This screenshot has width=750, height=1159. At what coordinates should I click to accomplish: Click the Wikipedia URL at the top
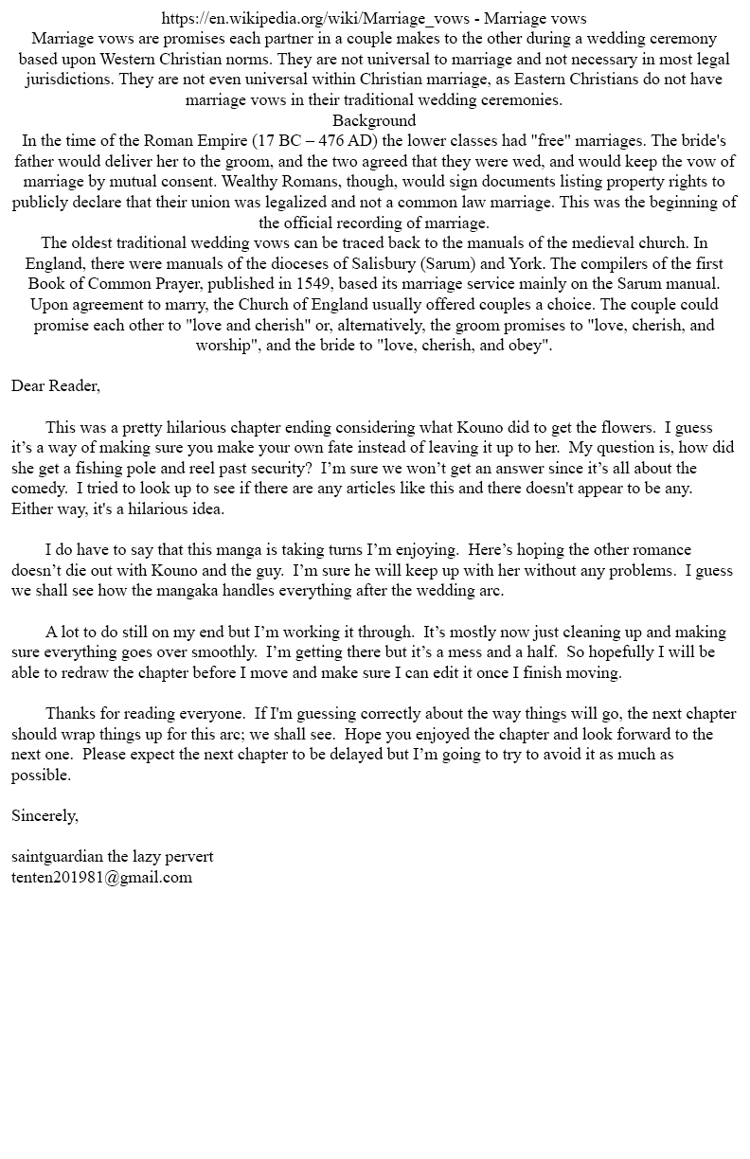point(318,18)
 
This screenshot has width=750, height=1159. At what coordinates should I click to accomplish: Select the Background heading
point(374,120)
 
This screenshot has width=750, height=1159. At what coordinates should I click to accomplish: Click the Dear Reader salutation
point(56,385)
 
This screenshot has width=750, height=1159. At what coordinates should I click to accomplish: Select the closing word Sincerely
point(45,815)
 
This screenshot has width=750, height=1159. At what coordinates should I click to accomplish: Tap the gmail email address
point(101,877)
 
